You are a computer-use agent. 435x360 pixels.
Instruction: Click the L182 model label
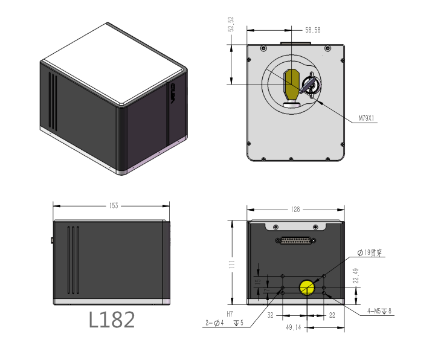pos(112,320)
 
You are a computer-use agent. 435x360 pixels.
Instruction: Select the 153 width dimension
pos(113,206)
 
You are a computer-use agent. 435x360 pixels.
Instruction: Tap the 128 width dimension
pos(295,210)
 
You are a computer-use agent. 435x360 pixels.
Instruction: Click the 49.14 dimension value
pos(294,327)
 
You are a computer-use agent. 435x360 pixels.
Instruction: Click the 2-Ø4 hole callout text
pos(215,323)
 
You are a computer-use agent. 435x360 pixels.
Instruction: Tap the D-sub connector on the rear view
pos(295,240)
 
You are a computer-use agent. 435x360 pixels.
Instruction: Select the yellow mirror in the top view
pos(292,85)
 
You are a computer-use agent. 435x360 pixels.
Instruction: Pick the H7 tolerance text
pos(230,314)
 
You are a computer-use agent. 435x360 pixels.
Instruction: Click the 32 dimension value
pos(271,315)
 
